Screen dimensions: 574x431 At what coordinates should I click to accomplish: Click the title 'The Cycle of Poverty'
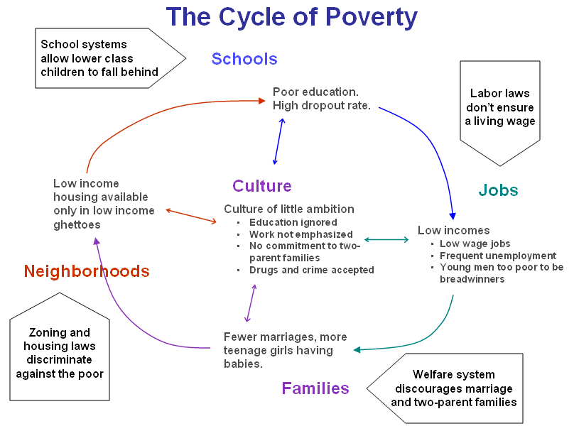tap(291, 17)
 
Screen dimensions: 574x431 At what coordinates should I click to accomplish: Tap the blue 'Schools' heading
tap(244, 59)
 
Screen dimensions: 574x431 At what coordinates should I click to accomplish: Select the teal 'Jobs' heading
tap(498, 190)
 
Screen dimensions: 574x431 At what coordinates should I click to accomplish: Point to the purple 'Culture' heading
tap(261, 186)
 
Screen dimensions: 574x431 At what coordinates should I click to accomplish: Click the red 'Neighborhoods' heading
tap(87, 271)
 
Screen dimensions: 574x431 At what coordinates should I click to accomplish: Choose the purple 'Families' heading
tap(315, 388)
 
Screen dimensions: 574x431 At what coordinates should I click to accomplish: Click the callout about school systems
tap(99, 58)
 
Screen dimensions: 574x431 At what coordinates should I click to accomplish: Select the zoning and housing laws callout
tap(60, 353)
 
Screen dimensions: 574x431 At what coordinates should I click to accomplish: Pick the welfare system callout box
tap(455, 388)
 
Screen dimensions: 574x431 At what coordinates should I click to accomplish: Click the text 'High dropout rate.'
tap(322, 107)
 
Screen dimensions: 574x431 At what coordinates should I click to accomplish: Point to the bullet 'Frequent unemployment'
tap(497, 256)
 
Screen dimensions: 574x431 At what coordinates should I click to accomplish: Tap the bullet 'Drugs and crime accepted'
tap(311, 270)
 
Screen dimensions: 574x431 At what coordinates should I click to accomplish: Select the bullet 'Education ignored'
tap(293, 223)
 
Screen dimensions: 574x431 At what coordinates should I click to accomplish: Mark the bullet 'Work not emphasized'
tap(300, 234)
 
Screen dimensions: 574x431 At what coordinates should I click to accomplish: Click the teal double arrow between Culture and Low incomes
tap(386, 240)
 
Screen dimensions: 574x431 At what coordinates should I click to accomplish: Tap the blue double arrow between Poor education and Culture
tap(278, 141)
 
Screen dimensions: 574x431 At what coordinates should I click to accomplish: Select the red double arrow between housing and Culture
tap(191, 217)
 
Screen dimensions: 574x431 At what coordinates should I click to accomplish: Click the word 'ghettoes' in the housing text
tap(77, 224)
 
